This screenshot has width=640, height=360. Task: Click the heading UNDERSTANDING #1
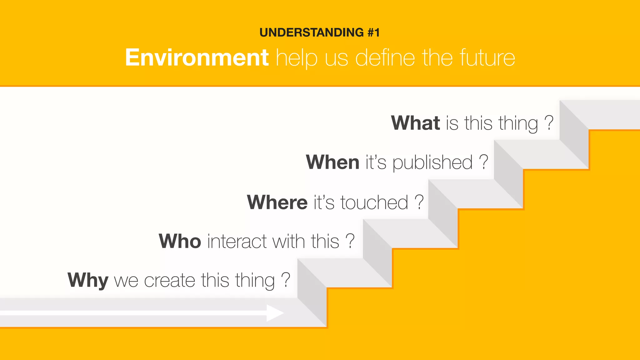[x=319, y=32]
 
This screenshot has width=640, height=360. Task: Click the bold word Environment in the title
[x=197, y=58]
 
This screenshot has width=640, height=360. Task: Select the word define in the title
[x=385, y=58]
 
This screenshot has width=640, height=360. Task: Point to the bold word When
[x=332, y=162]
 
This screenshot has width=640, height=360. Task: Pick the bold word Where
[x=277, y=202]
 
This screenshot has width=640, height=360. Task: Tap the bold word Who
[x=180, y=241]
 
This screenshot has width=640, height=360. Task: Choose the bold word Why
[x=88, y=280]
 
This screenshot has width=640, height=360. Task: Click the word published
[x=432, y=163]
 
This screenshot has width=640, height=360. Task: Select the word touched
[x=374, y=202]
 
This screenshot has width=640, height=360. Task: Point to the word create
[x=169, y=280]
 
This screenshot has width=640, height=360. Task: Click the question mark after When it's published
[x=483, y=162]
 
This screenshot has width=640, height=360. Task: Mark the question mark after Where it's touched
[x=419, y=202]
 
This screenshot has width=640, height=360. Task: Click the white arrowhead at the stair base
[x=275, y=313]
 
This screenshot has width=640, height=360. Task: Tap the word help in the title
[x=297, y=58]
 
